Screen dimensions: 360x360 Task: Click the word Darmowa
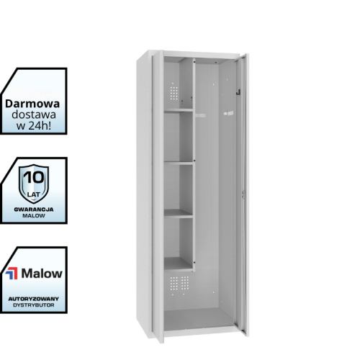click(x=32, y=104)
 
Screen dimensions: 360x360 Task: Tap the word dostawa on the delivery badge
click(x=34, y=114)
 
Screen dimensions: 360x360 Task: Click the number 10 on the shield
click(x=35, y=178)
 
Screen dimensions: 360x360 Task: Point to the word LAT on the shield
click(x=34, y=194)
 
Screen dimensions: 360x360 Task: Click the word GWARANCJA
click(x=34, y=210)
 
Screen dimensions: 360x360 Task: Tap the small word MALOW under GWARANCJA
click(x=34, y=216)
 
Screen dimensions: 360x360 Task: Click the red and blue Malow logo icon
click(x=12, y=274)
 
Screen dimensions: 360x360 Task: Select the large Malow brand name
click(x=42, y=274)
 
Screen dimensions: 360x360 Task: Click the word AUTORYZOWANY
click(x=34, y=299)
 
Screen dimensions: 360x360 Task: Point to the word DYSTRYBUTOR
click(x=34, y=305)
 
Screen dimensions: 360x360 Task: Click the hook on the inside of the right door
click(x=238, y=92)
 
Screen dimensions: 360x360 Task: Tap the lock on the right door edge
click(x=243, y=194)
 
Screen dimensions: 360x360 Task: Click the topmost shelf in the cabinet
click(x=179, y=110)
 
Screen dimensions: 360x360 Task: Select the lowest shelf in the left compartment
click(x=178, y=264)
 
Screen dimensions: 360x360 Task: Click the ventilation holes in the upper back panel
click(x=174, y=92)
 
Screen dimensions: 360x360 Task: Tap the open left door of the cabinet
click(x=158, y=196)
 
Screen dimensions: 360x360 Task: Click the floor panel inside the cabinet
click(x=199, y=319)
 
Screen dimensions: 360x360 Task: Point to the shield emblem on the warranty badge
click(x=34, y=184)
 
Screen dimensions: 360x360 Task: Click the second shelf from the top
click(x=179, y=163)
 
